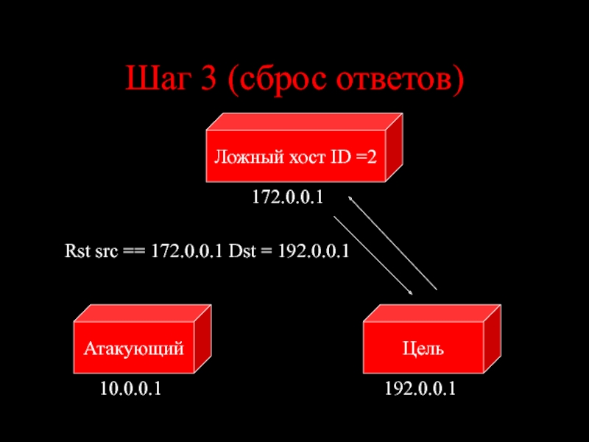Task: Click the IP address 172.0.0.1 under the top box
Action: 288,197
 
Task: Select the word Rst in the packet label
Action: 76,251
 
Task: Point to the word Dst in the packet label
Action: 241,251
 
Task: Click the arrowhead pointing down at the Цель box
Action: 409,291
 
